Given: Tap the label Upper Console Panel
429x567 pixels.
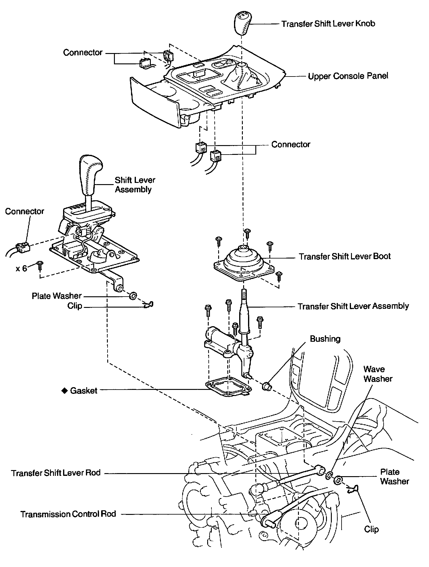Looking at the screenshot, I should point(348,76).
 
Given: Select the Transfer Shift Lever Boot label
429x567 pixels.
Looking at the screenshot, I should point(344,256).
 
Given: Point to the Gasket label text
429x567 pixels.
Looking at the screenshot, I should point(83,391).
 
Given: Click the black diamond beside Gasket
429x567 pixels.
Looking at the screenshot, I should point(64,390).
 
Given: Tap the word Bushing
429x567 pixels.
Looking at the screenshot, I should point(325,339).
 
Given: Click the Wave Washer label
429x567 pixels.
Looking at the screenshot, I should point(378,374).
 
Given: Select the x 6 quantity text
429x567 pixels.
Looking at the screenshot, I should point(22,269).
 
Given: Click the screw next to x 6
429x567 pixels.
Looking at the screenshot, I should point(39,266).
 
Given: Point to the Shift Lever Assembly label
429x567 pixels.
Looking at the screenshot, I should point(135,184).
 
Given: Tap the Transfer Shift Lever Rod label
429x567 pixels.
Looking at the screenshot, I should point(56,473).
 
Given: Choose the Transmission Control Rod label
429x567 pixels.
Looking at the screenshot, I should point(68,514).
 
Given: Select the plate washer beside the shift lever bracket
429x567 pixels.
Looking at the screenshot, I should point(133,295).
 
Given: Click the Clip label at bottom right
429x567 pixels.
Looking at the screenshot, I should point(371,529).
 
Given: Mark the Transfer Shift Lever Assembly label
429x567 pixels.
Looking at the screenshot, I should point(353,306).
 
